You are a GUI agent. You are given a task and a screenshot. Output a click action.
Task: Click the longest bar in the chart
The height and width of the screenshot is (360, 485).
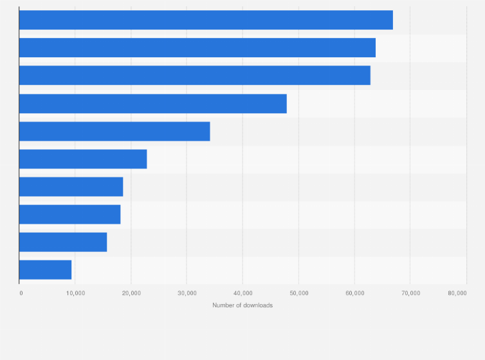(206, 20)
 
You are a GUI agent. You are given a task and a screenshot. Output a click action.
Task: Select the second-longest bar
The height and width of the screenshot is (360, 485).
(197, 48)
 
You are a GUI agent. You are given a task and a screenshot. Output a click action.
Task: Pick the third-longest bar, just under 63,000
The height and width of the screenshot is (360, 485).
(194, 75)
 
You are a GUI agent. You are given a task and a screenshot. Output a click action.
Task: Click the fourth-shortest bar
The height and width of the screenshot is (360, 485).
(71, 186)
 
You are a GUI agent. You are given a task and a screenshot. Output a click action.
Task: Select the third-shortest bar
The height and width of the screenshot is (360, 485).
(69, 214)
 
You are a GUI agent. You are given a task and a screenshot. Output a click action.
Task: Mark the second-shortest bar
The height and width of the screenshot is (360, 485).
(63, 242)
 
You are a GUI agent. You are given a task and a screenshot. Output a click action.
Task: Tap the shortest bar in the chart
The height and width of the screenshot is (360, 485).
(45, 269)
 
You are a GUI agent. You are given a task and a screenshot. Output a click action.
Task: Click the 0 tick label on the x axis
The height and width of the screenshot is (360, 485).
(21, 293)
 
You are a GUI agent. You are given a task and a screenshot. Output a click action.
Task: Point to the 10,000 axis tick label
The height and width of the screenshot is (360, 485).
(75, 293)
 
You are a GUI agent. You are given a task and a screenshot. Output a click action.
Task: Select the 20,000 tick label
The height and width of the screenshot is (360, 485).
(131, 293)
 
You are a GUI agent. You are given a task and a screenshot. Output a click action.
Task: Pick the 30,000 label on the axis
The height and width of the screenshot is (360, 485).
(187, 293)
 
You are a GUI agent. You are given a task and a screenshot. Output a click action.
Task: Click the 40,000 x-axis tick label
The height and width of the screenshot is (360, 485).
(243, 293)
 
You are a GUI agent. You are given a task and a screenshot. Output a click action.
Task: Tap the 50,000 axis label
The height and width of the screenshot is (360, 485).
(299, 293)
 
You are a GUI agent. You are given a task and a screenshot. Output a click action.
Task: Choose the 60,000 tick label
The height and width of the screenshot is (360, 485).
(355, 293)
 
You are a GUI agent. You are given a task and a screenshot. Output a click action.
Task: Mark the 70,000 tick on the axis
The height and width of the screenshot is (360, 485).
(410, 293)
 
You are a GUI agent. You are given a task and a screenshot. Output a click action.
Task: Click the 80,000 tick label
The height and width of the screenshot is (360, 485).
(457, 293)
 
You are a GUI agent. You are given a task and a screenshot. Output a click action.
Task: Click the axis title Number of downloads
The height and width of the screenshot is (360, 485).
(243, 305)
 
